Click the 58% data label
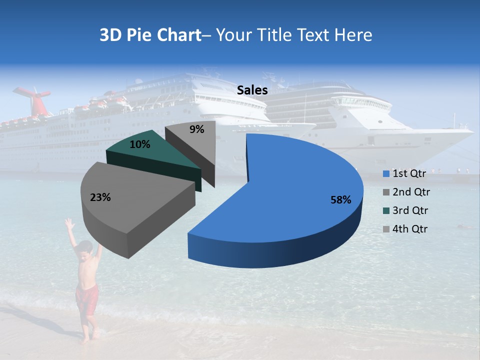point(340,200)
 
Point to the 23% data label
point(100,197)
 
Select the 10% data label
point(139,145)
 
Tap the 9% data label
point(197,129)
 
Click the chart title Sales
point(252,90)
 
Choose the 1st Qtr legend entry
point(405,173)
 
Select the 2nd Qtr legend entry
point(406,192)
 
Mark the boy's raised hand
point(68,222)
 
